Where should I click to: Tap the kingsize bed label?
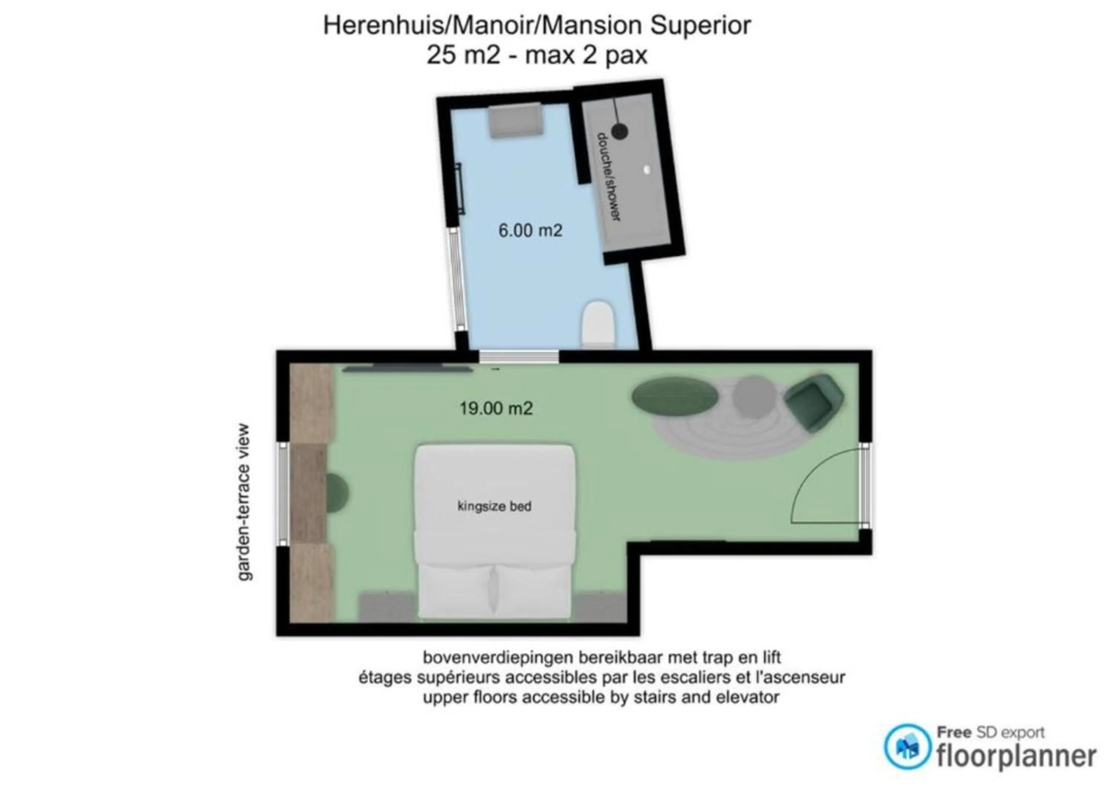[x=495, y=506]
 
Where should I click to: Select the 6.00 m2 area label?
[x=530, y=230]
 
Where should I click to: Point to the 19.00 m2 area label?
[x=496, y=408]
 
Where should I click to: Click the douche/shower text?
[x=609, y=177]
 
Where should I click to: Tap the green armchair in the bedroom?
[x=814, y=401]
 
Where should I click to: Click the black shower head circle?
[x=620, y=131]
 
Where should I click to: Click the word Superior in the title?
[x=700, y=25]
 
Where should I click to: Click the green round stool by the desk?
[x=337, y=493]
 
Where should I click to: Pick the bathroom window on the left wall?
[x=456, y=280]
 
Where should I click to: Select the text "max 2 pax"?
[x=586, y=55]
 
